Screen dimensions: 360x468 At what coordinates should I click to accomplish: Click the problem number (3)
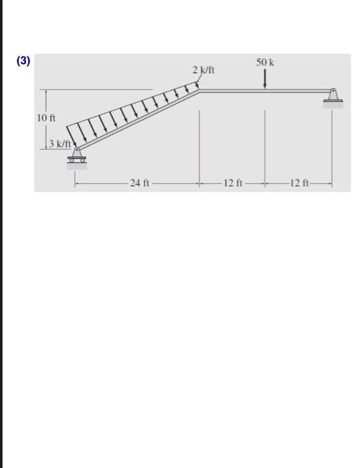23,61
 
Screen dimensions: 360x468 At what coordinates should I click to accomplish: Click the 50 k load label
265,62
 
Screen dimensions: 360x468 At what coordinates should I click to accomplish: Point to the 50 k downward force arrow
264,79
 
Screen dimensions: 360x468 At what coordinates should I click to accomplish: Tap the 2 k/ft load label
203,70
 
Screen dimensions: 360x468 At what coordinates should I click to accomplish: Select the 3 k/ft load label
60,144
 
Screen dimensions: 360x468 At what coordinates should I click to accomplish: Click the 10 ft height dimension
46,118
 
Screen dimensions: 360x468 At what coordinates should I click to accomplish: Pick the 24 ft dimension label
140,183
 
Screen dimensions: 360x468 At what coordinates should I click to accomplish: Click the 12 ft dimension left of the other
233,183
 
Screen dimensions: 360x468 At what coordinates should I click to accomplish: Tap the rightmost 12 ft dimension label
299,183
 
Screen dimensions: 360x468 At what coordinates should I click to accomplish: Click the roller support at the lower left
77,156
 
